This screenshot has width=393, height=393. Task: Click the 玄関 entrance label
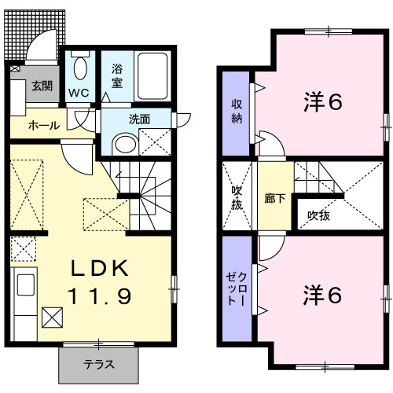click(x=42, y=86)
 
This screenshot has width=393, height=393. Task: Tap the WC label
click(x=78, y=92)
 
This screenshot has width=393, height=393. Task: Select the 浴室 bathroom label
click(x=116, y=75)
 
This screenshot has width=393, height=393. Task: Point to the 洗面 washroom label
click(x=139, y=119)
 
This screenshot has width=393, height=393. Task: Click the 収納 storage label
click(x=236, y=112)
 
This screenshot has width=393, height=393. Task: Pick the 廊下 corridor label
click(x=274, y=199)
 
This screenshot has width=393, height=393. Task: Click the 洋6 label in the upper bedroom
click(x=323, y=103)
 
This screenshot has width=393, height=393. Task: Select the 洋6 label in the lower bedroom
click(x=323, y=295)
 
